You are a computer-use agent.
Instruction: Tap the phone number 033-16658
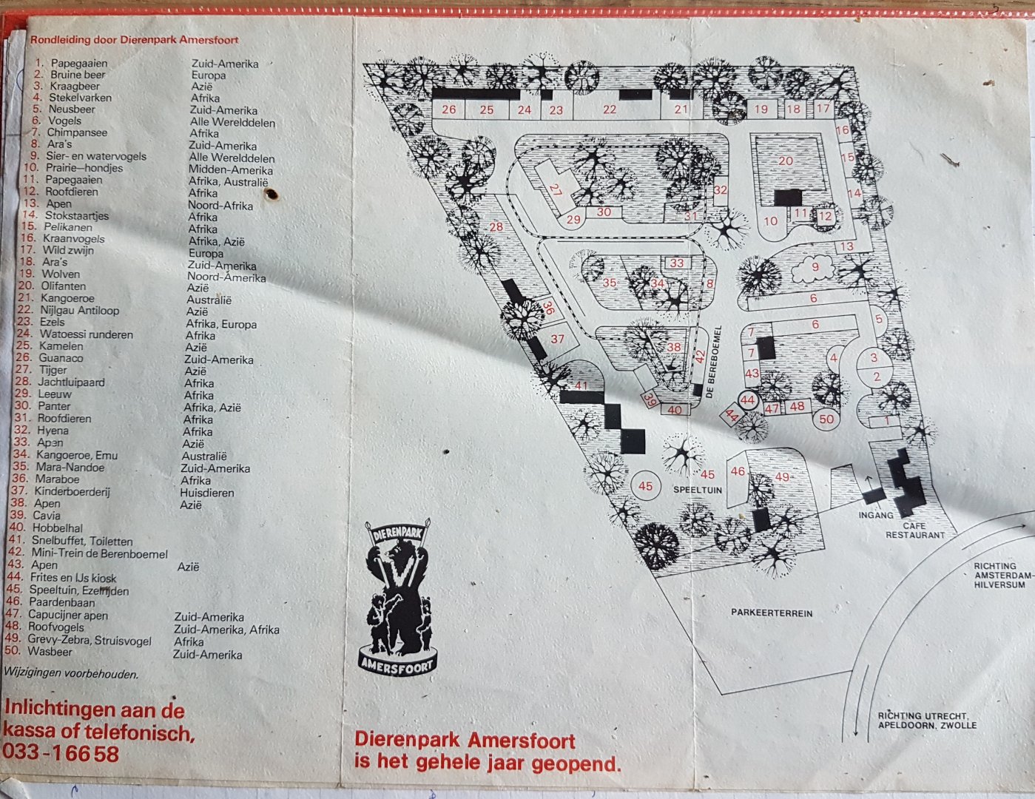[x=61, y=753]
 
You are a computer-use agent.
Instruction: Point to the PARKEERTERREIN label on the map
[x=772, y=613]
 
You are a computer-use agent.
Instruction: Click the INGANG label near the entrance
[x=876, y=515]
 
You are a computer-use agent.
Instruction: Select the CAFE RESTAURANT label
[x=915, y=530]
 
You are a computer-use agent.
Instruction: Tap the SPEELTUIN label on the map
[x=697, y=490]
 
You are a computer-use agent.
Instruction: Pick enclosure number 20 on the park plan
[x=786, y=161]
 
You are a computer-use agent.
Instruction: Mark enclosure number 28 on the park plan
[x=496, y=226]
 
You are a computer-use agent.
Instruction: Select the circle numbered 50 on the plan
[x=826, y=419]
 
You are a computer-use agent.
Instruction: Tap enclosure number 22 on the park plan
[x=609, y=109]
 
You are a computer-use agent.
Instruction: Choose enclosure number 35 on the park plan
[x=610, y=283]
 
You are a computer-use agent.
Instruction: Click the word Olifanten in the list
[x=63, y=286]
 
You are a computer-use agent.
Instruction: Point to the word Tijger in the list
[x=53, y=370]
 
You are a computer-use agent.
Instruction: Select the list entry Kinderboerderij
[x=72, y=491]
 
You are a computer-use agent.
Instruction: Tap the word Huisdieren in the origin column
[x=207, y=493]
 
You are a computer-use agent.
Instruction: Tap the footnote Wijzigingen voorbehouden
[x=71, y=674]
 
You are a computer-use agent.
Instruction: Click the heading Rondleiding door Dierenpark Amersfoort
[x=134, y=41]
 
